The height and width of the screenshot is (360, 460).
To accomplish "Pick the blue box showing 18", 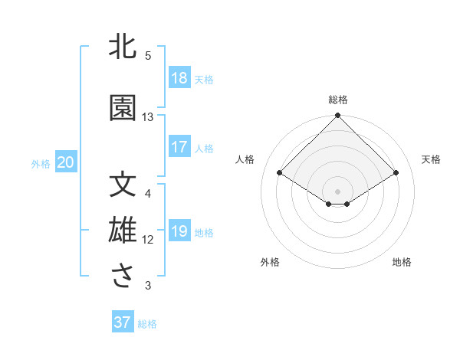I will click(x=179, y=78).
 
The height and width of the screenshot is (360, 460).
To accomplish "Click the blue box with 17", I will click(x=179, y=147).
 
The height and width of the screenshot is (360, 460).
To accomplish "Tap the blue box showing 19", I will click(x=179, y=232).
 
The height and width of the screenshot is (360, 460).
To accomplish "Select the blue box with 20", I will click(x=66, y=162).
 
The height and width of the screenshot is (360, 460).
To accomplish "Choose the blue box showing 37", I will click(x=123, y=322).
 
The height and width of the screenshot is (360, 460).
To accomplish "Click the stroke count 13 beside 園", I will click(x=148, y=117).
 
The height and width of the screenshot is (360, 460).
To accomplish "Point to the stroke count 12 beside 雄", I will click(x=148, y=239).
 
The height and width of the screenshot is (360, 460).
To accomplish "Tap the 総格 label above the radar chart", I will click(x=337, y=100).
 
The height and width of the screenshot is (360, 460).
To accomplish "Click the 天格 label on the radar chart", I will click(x=431, y=159).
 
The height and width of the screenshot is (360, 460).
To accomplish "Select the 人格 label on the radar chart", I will click(x=245, y=159).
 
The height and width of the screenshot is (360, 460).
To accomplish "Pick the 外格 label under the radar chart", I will click(x=269, y=262).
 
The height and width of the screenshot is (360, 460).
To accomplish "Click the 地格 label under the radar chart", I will click(x=402, y=262).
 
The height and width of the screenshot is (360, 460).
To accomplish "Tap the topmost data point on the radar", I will click(x=337, y=116).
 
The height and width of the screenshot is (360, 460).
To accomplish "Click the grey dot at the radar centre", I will click(x=337, y=190).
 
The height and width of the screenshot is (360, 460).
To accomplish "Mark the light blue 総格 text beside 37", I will click(x=147, y=324).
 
